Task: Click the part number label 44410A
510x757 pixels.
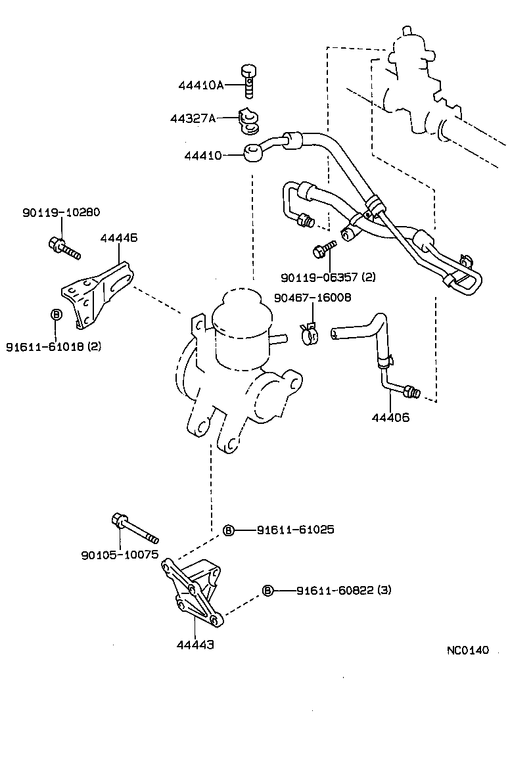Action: (201, 85)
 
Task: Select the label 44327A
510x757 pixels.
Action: (193, 119)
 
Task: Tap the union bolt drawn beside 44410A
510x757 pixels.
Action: (248, 80)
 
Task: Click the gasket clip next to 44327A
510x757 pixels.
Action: (250, 118)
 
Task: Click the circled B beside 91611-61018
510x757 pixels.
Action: (56, 315)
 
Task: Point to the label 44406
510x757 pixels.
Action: (390, 417)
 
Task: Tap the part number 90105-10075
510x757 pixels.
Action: (120, 555)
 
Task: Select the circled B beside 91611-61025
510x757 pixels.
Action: (228, 530)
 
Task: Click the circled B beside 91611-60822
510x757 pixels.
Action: (267, 590)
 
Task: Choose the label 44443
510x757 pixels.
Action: (195, 645)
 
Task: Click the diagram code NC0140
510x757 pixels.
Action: (468, 651)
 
